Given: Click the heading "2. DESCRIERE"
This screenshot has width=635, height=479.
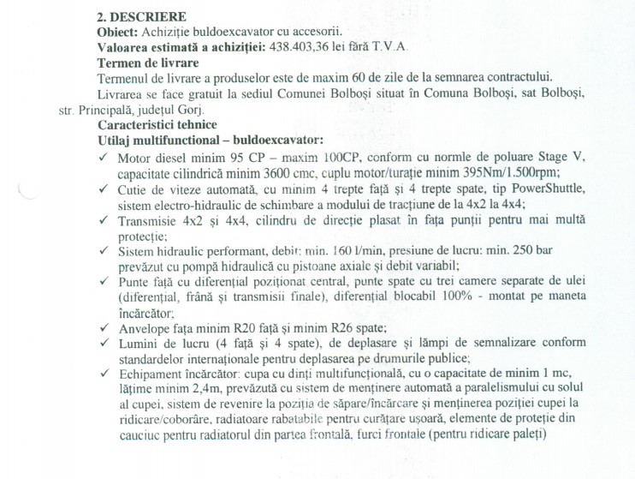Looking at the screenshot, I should tap(141, 16).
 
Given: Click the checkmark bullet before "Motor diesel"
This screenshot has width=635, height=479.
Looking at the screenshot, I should tap(104, 158).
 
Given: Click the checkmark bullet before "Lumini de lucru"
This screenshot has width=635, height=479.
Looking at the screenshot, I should tap(104, 344).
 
